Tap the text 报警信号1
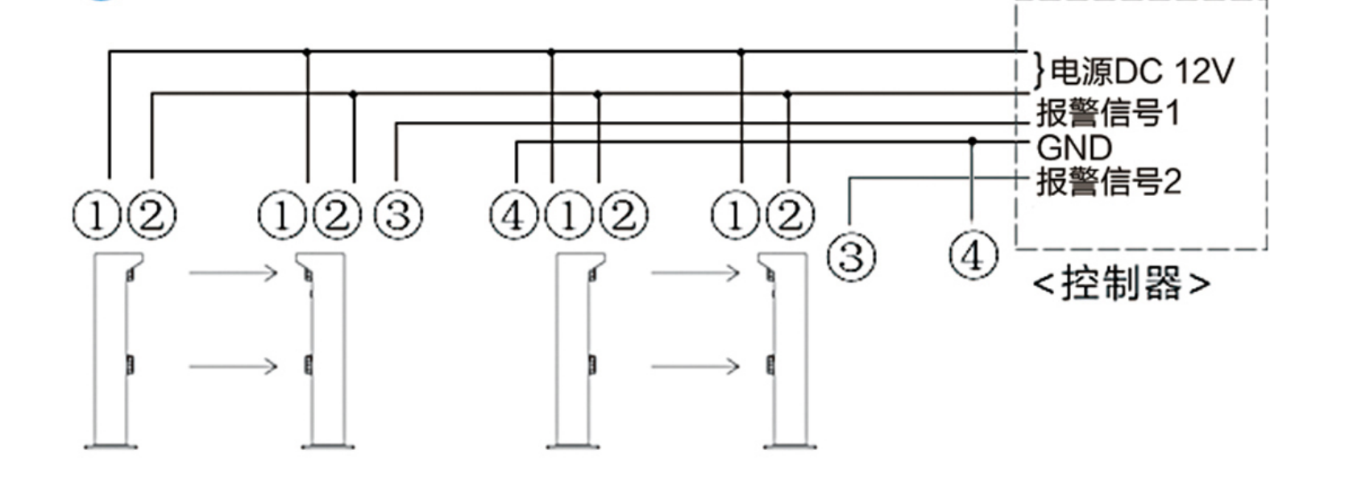point(1108,113)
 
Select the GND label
point(1074,148)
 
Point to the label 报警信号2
point(1109,181)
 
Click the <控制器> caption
point(1122,283)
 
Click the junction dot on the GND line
point(972,141)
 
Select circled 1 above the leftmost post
point(97,215)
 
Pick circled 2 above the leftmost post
point(152,215)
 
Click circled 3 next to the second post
point(398,215)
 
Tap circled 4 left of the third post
point(514,215)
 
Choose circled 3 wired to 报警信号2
point(852,256)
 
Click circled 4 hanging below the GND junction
point(973,254)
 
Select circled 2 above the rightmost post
point(790,215)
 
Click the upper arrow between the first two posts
point(233,273)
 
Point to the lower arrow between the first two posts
point(233,366)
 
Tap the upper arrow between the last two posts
point(695,273)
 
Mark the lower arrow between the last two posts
point(695,366)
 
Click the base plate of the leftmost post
point(111,447)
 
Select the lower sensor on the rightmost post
point(770,364)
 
